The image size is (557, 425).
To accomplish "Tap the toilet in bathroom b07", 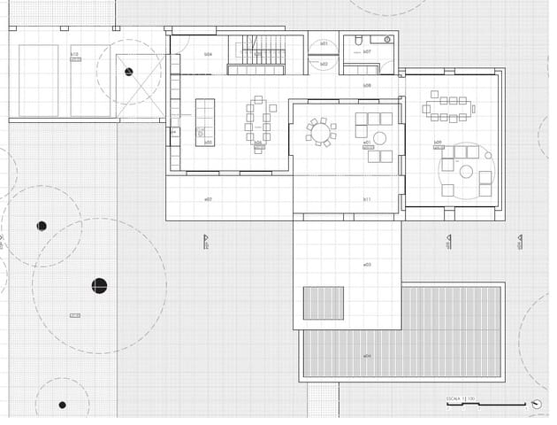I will [357, 41].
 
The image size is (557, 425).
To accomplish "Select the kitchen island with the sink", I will [204, 121].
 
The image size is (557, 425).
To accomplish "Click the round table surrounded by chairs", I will [320, 132].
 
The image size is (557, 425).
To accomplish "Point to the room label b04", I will [208, 54].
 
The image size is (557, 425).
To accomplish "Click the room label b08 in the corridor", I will [366, 85].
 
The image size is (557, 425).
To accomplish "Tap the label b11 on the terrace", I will [366, 199].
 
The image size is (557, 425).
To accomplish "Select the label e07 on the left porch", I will [208, 199].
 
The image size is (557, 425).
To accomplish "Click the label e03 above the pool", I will [366, 265].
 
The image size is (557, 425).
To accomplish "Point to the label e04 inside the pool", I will [366, 356].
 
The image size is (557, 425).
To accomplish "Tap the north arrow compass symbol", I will [536, 404].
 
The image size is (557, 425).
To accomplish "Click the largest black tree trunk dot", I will [99, 285].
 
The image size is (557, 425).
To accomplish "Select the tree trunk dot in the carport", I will [129, 72].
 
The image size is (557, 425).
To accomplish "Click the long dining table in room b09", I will [446, 107].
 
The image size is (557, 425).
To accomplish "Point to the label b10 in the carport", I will [74, 54].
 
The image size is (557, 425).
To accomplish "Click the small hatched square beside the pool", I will [323, 303].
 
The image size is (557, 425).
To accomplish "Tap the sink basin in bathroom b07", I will [382, 40].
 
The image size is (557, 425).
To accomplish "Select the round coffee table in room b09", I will [466, 172].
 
